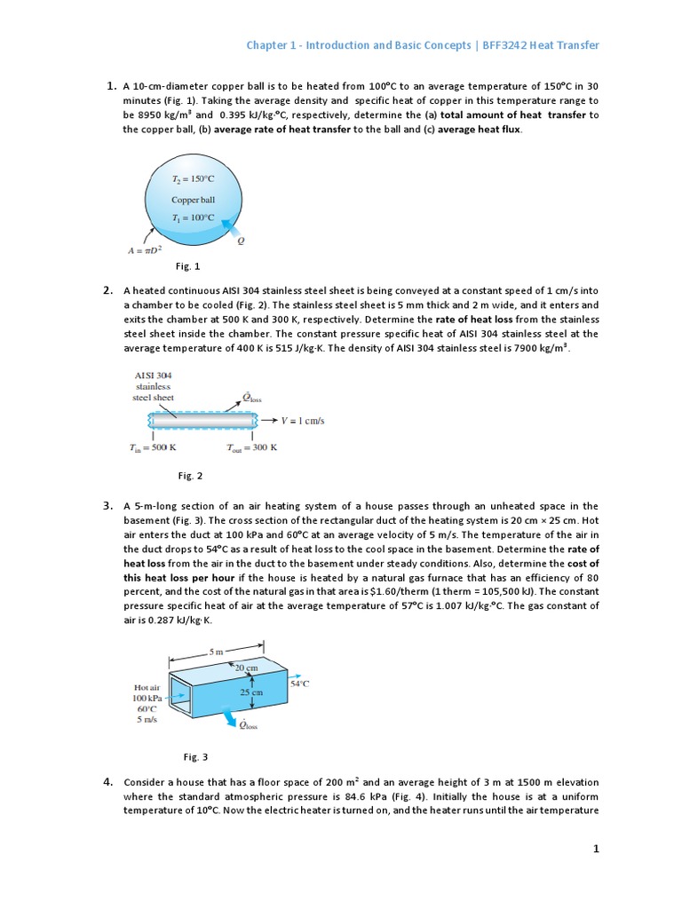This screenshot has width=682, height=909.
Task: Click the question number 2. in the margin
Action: point(107,289)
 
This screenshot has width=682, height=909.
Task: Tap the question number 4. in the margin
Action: point(107,781)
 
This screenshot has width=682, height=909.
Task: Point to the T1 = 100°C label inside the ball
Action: point(193,217)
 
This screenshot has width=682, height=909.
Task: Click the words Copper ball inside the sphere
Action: point(193,200)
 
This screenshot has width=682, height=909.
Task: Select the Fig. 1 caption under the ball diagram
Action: point(188,265)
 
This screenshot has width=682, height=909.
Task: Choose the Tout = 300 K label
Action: point(251,447)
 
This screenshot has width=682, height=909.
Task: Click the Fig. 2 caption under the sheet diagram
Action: point(190,476)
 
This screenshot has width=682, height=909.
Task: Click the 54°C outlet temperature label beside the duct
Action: point(300,684)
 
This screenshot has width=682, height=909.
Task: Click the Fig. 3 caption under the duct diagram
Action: point(195,757)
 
